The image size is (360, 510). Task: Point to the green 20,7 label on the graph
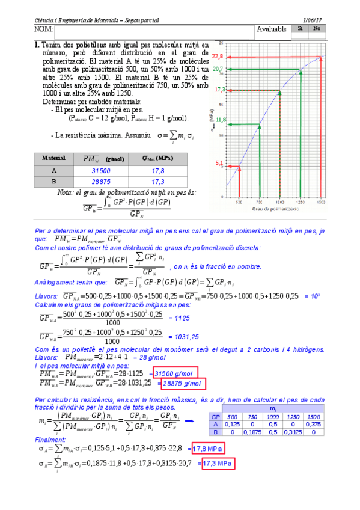click(218, 70)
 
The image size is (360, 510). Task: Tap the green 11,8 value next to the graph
click(221, 120)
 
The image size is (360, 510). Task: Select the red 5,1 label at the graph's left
click(219, 163)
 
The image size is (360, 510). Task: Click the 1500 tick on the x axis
click(322, 203)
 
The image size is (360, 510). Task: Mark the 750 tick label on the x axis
click(260, 203)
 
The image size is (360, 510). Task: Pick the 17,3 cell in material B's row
click(157, 180)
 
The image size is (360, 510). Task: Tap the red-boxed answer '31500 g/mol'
click(175, 374)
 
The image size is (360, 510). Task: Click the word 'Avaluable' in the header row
click(272, 29)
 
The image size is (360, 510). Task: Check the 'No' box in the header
click(317, 28)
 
